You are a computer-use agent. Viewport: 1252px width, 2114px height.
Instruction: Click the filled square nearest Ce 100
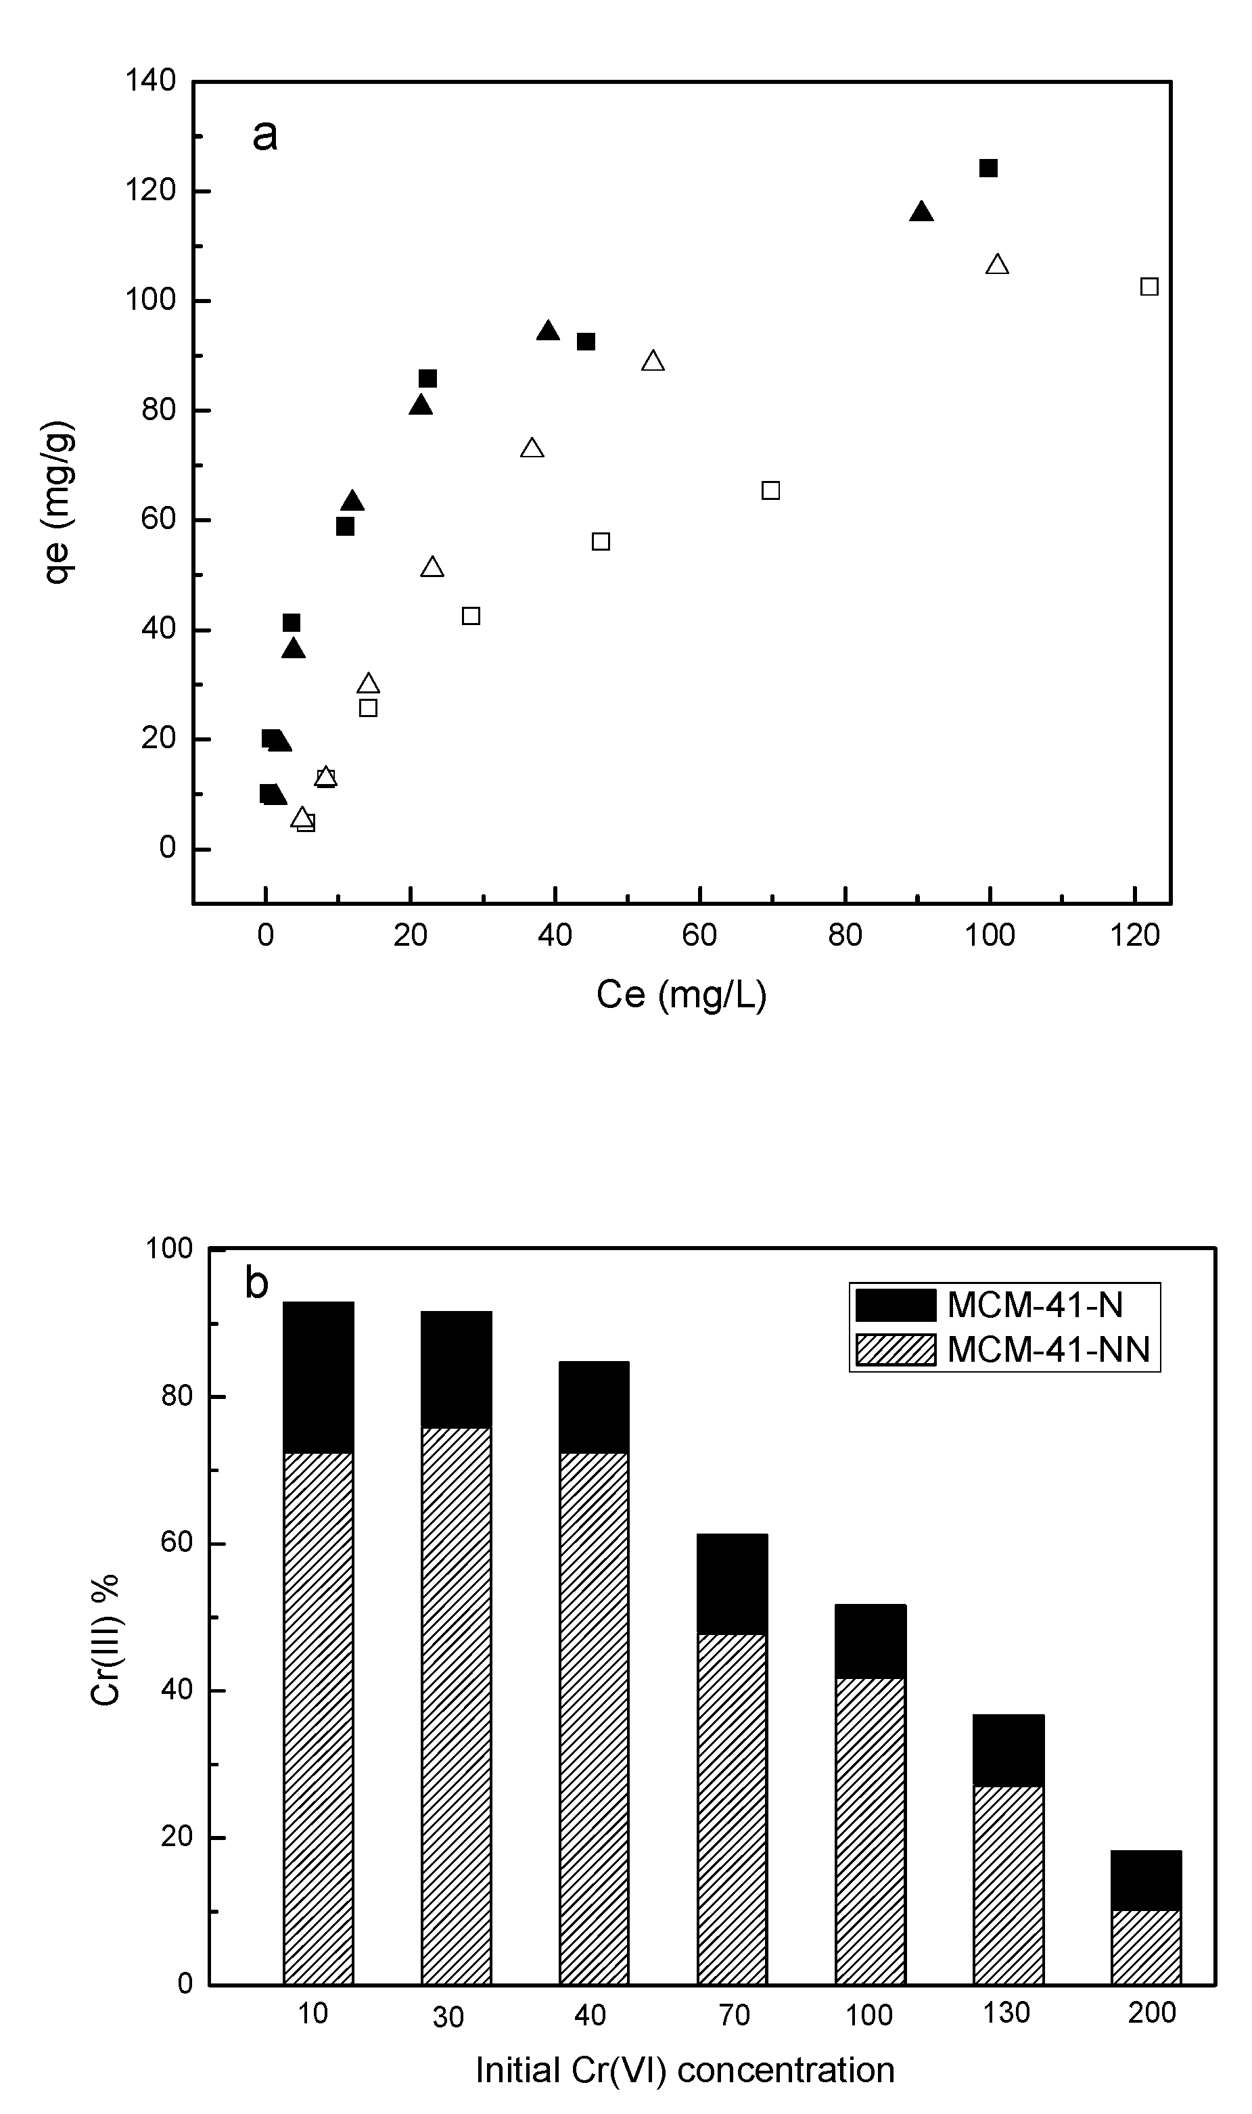pos(988,168)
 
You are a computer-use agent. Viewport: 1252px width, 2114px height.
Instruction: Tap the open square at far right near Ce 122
pos(1149,287)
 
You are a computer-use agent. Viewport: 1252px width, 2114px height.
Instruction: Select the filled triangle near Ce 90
pos(921,212)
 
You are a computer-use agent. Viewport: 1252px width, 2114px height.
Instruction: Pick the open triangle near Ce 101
pos(997,266)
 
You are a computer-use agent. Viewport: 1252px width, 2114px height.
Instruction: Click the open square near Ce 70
pos(770,490)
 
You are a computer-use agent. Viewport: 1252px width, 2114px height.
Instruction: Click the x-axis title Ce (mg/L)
pos(681,994)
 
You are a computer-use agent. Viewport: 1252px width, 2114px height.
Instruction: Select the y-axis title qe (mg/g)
pos(60,503)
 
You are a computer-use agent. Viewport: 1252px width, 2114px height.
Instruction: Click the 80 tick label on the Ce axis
pos(845,935)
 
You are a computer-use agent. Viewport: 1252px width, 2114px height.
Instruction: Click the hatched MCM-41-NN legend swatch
pos(895,1350)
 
